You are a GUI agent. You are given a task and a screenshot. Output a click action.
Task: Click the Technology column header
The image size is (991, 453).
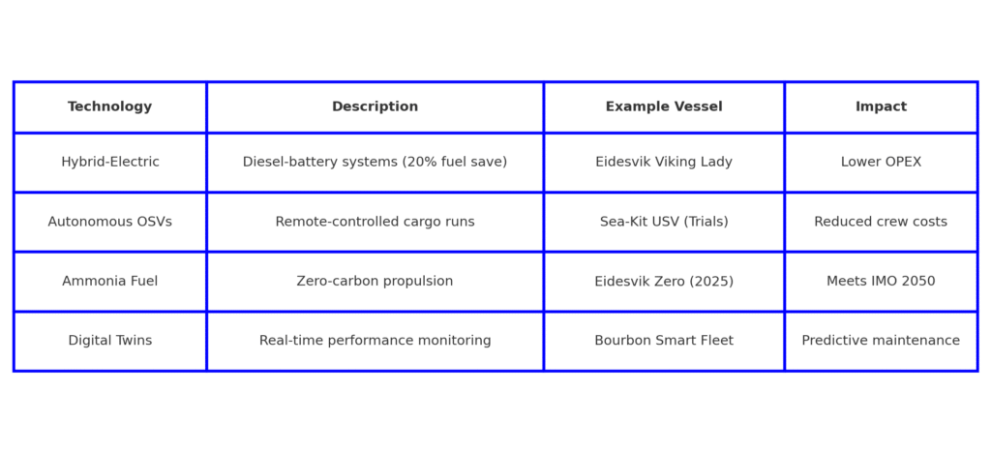110,106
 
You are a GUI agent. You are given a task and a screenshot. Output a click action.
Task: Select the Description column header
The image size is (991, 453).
375,106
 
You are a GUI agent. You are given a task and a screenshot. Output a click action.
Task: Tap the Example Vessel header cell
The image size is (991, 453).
664,106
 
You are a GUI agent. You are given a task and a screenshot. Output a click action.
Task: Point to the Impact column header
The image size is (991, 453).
881,106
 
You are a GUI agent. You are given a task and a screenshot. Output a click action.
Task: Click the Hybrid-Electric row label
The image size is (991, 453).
110,162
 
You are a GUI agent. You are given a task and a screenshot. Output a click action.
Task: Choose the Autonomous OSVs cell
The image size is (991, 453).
110,222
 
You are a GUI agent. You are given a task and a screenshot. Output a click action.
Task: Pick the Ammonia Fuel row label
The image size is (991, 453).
110,281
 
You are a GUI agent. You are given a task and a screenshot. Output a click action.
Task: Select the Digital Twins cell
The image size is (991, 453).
110,341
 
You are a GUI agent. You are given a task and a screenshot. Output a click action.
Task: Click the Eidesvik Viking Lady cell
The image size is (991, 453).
664,162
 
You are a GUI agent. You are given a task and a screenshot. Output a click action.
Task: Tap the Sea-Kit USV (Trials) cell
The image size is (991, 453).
664,222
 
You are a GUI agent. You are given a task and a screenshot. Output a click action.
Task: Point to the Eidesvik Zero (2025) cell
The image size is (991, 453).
664,281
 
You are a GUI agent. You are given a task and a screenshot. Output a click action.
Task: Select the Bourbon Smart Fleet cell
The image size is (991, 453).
664,341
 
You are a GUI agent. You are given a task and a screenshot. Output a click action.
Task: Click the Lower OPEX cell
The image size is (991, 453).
881,162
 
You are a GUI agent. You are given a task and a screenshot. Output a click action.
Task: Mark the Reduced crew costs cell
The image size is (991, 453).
881,222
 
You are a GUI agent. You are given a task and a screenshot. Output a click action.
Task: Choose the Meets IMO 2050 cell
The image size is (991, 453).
881,281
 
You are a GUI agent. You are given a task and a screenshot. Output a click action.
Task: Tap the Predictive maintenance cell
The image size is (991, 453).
881,341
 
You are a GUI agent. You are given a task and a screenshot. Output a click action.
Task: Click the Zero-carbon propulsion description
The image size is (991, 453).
375,281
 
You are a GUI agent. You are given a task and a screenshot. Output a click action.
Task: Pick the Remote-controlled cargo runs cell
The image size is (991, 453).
375,222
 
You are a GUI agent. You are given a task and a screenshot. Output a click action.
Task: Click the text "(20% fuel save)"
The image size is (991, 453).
455,162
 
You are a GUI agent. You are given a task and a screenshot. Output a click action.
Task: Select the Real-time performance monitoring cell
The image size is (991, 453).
375,341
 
